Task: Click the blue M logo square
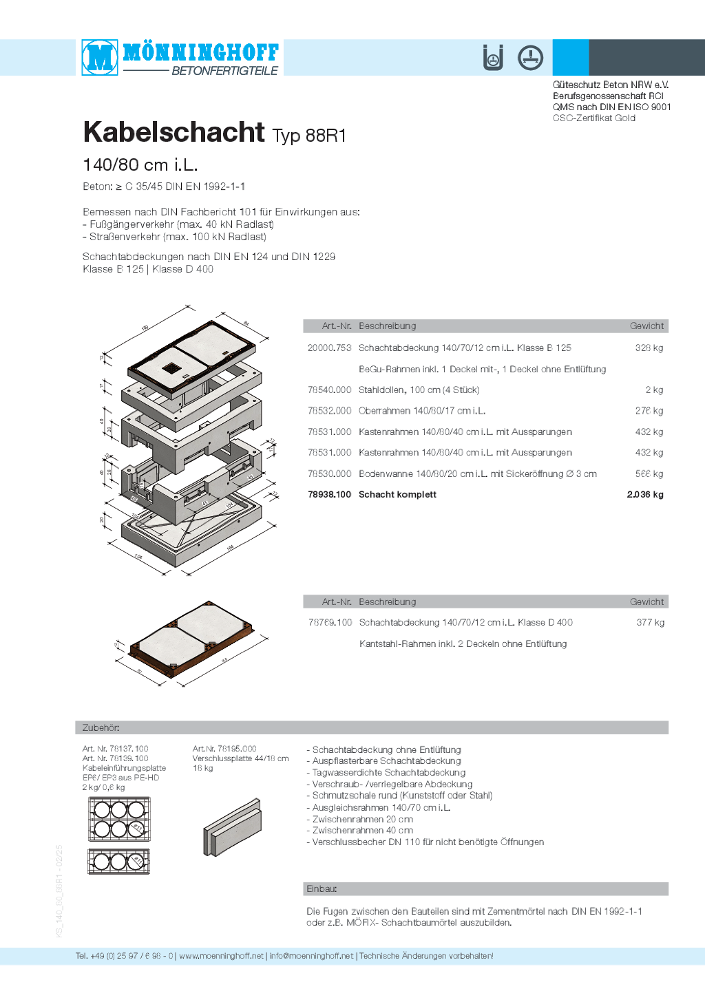click(x=100, y=57)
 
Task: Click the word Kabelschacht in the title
click(x=173, y=132)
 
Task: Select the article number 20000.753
click(x=329, y=348)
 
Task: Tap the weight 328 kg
click(x=649, y=348)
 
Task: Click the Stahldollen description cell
click(x=419, y=390)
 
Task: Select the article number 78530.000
click(x=329, y=474)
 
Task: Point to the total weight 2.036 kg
click(x=645, y=495)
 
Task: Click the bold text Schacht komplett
click(x=397, y=495)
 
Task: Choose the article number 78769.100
click(x=330, y=623)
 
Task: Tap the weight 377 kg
click(x=651, y=623)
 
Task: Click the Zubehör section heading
click(x=101, y=727)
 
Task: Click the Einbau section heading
click(x=322, y=889)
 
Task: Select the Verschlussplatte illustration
click(x=232, y=827)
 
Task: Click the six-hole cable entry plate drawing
click(x=119, y=819)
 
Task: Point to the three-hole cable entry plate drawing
click(x=119, y=861)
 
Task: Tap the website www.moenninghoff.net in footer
click(x=221, y=956)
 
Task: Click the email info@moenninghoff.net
click(x=311, y=956)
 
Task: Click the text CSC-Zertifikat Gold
click(x=593, y=118)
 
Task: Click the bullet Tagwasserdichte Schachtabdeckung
click(x=388, y=773)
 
